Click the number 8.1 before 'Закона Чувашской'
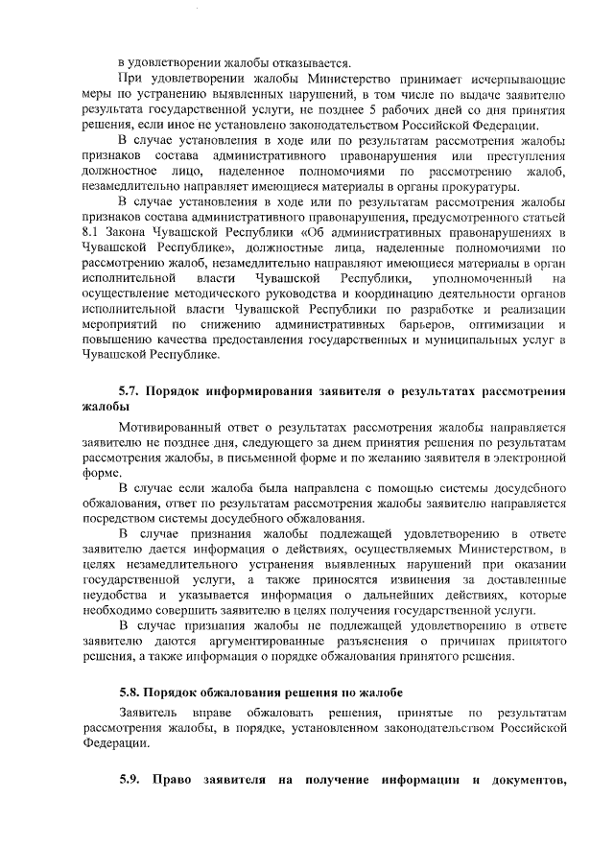click(x=91, y=233)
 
